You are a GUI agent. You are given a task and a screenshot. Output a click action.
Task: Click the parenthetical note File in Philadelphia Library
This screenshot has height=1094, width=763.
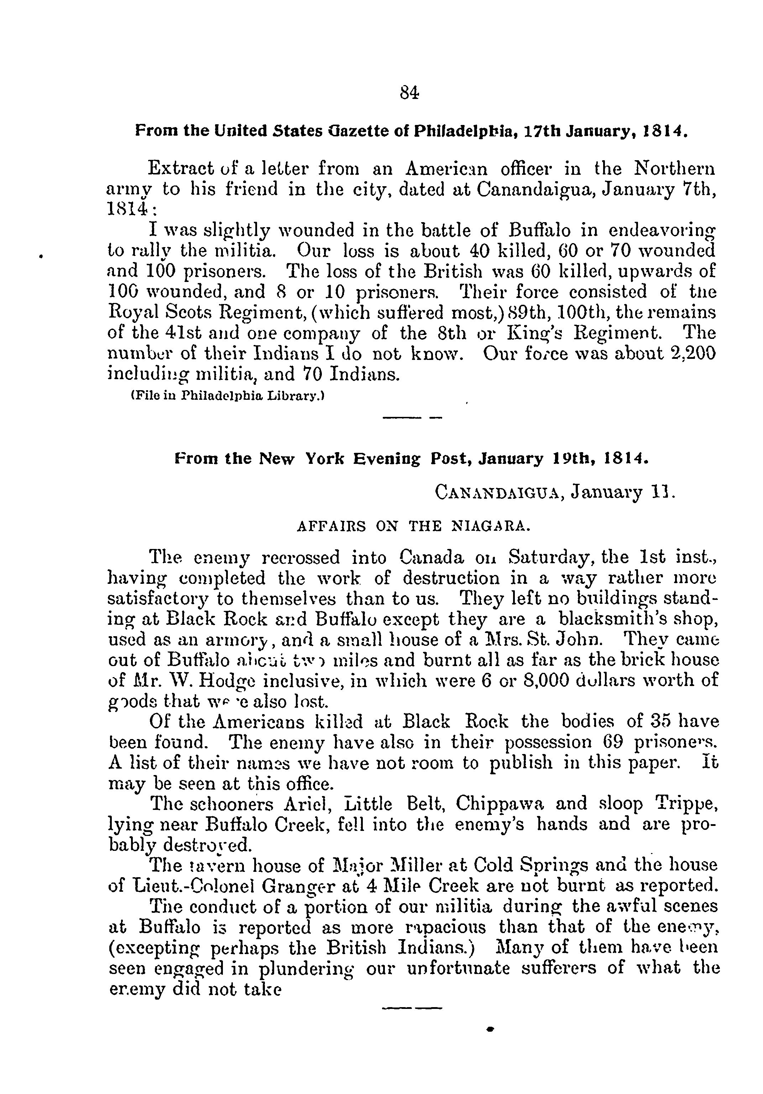(x=228, y=396)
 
